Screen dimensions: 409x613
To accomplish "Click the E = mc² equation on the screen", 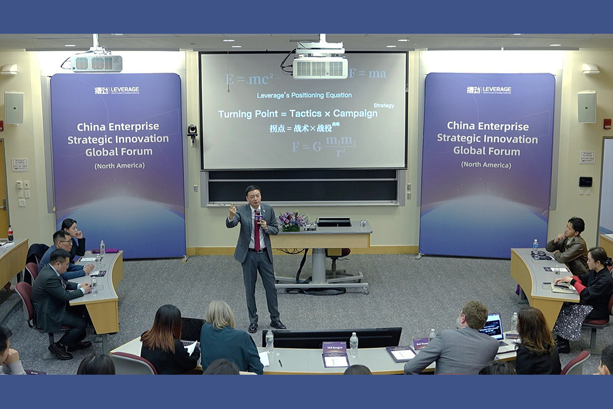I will click(249, 79).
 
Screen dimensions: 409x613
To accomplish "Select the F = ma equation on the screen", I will click(368, 74).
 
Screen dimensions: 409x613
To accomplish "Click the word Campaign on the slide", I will click(355, 113).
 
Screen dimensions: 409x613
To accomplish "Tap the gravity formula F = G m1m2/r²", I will click(324, 146).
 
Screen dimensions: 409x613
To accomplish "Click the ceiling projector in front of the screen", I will click(320, 65).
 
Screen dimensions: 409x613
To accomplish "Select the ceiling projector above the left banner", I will click(96, 62).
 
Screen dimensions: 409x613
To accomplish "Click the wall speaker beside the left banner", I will click(14, 107).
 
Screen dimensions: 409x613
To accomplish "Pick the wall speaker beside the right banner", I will click(586, 107).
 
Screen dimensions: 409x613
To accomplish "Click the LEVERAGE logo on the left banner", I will click(117, 90).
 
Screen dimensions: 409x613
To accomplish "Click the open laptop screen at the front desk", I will click(491, 326).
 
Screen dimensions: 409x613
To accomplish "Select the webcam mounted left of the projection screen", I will click(192, 131).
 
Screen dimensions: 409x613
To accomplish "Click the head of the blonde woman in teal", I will click(220, 314).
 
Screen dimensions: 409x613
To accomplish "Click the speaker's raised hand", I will click(232, 210).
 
